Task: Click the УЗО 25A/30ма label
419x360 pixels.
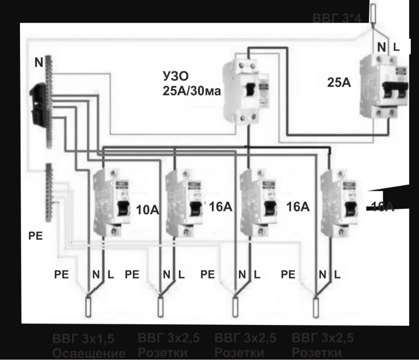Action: [184, 84]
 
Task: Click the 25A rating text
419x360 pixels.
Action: [339, 82]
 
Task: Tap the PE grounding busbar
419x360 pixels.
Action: [50, 192]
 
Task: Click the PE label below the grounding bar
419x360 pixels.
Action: [35, 236]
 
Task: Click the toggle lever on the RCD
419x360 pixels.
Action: [250, 90]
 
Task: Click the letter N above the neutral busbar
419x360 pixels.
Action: [39, 63]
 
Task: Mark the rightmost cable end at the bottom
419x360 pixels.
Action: [315, 306]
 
